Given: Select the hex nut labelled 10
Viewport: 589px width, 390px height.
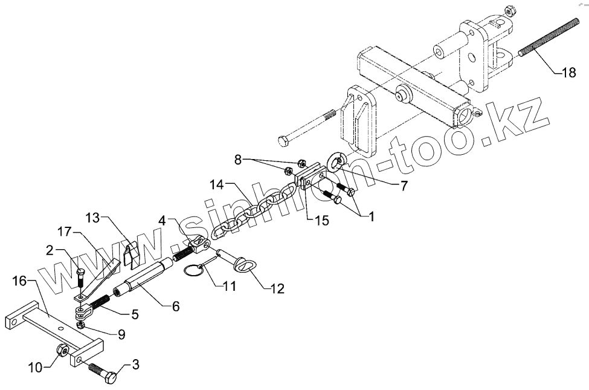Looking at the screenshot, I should [x=62, y=350].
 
